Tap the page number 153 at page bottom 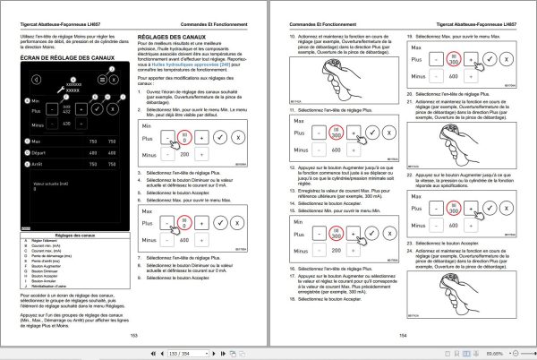click(134, 334)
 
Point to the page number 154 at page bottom click(403, 334)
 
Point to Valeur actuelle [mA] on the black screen click(52, 184)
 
